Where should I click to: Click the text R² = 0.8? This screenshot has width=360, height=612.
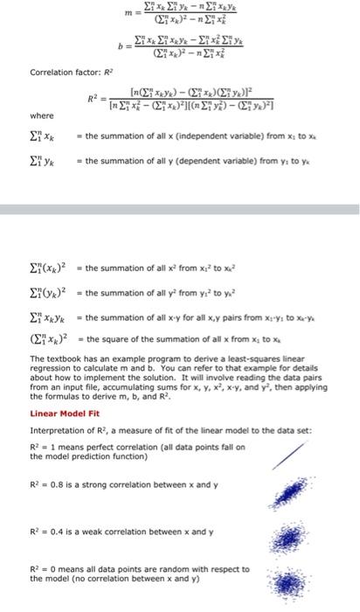(x=49, y=483)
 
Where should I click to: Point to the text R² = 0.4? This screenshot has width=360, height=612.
(x=49, y=531)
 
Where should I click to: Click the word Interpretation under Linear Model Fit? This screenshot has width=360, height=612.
(x=58, y=430)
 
